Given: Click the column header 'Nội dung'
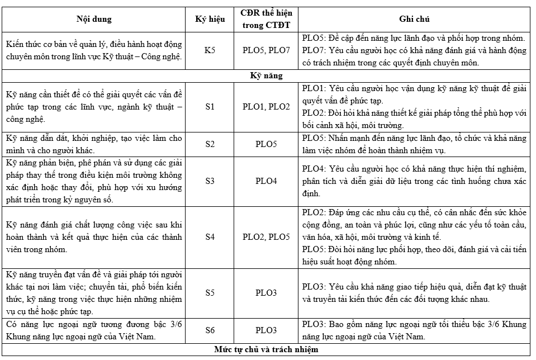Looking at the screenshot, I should [x=94, y=19].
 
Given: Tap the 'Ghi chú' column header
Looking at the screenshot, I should [x=414, y=19].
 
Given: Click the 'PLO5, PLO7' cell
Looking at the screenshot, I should [x=267, y=50].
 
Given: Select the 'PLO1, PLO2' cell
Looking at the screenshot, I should [x=267, y=106].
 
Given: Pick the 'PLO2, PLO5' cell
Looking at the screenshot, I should [x=267, y=237].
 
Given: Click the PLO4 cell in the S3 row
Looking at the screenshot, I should [x=267, y=181].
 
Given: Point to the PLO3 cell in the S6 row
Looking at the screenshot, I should [x=267, y=330].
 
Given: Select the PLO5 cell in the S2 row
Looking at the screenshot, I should [x=267, y=144].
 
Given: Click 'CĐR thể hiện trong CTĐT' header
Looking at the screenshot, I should [x=267, y=19].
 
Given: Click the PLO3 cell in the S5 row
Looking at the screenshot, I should [x=267, y=292].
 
